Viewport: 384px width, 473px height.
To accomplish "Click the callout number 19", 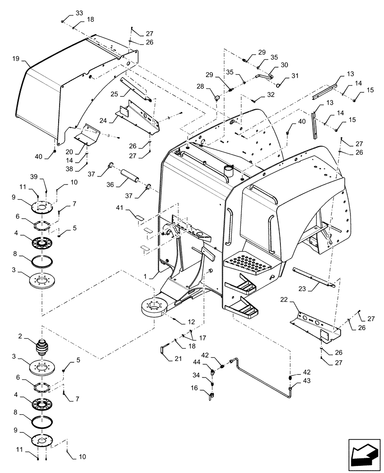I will click(16, 59).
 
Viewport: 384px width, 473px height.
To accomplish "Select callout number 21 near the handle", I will click(178, 358).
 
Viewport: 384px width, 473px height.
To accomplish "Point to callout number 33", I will click(79, 12).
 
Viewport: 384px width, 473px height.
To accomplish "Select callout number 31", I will click(295, 76).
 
